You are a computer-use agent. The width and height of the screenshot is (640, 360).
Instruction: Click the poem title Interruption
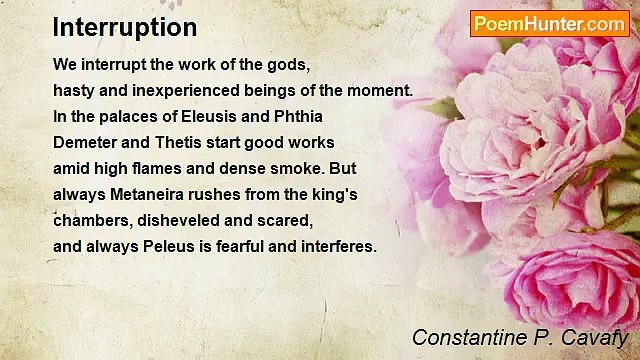tap(125, 27)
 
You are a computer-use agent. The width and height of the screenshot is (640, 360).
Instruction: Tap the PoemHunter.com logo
tap(549, 23)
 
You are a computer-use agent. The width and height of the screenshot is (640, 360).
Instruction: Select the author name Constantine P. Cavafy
tap(519, 337)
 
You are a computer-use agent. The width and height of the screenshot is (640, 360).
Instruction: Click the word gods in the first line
tap(290, 64)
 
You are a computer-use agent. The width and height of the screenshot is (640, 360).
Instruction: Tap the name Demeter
tap(85, 142)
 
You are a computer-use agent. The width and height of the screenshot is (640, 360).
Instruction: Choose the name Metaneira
tap(146, 194)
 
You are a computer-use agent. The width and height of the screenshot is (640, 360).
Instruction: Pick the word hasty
tap(73, 90)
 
